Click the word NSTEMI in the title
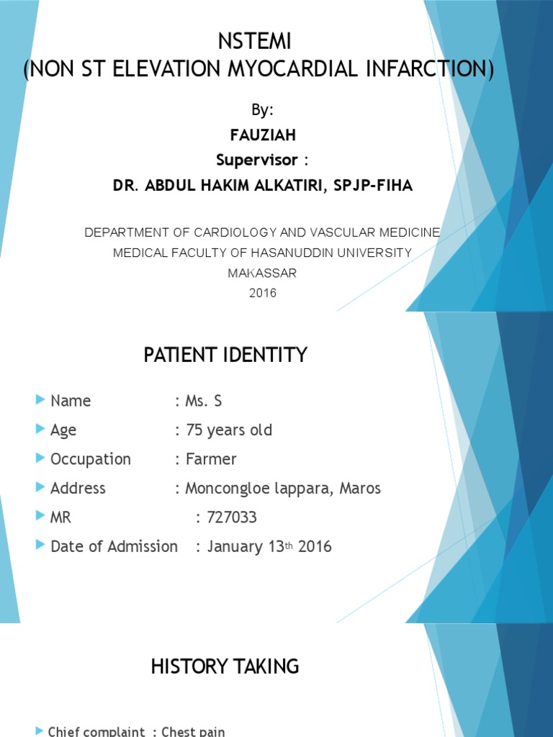tap(259, 42)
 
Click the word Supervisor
tap(252, 158)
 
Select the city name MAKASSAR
tap(262, 273)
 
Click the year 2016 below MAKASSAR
tap(262, 293)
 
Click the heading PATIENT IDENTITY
tap(225, 355)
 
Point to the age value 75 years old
tap(229, 430)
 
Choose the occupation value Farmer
tap(211, 459)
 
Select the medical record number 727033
tap(232, 517)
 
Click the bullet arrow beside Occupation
tap(40, 458)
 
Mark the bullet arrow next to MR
tap(40, 517)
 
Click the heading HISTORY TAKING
tap(225, 667)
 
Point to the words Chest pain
tap(193, 731)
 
